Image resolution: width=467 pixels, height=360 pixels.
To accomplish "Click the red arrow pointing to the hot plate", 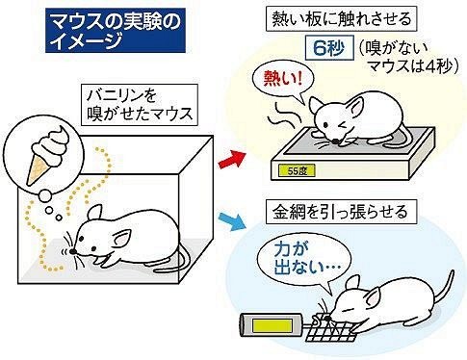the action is point(232,160).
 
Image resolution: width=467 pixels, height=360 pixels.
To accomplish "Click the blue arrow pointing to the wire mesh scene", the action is point(232,221).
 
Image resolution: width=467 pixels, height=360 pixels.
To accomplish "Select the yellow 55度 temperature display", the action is point(298,170).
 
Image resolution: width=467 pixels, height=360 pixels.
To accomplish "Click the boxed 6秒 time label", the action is point(329,49).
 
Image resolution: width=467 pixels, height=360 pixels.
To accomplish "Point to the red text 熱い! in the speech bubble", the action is point(283,78).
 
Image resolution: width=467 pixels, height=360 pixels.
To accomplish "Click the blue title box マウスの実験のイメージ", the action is point(116,31).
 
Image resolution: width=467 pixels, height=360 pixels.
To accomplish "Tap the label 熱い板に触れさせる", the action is point(342,19).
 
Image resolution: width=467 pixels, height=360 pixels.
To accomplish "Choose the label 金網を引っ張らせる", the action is point(341,212).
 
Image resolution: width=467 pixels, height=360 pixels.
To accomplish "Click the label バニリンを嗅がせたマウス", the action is point(139,105).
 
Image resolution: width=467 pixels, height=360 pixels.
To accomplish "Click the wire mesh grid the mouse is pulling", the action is point(330,327).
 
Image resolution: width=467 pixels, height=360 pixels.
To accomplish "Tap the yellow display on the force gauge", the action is point(272,326).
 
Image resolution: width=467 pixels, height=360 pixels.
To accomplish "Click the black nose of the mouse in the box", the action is point(73,251).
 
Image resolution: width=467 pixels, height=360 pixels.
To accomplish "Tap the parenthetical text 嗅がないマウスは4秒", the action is point(407,58).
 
